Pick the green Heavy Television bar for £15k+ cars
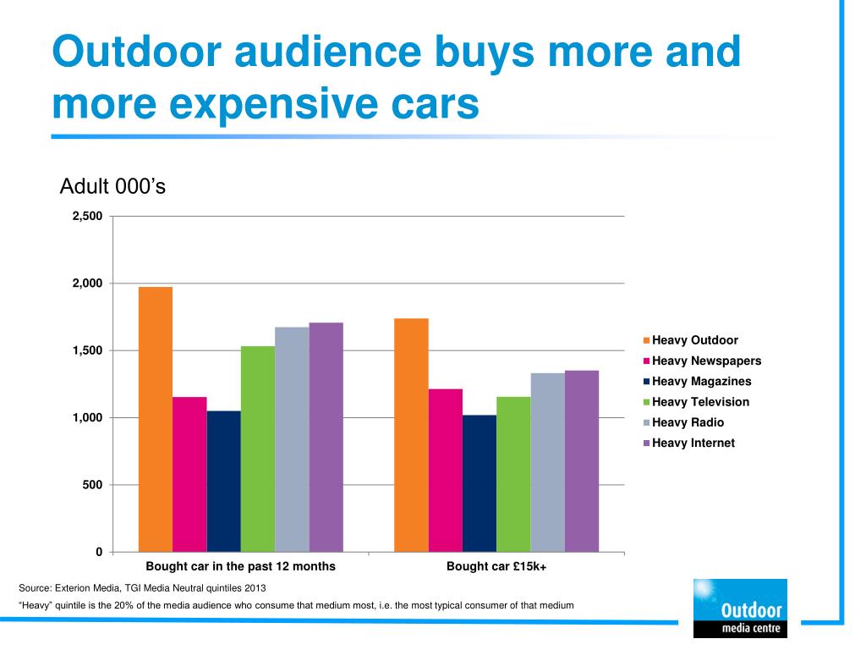coord(513,474)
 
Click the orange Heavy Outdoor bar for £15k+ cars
coord(411,435)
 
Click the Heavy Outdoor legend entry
coord(694,340)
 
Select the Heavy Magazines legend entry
coord(701,382)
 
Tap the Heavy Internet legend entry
coord(693,443)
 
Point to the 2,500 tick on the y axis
coord(87,217)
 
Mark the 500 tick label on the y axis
coord(93,485)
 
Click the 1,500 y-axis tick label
coord(87,350)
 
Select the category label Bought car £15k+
coord(496,566)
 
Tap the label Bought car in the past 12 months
coord(241,566)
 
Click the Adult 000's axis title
coord(112,186)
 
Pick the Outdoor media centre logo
coord(739,607)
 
